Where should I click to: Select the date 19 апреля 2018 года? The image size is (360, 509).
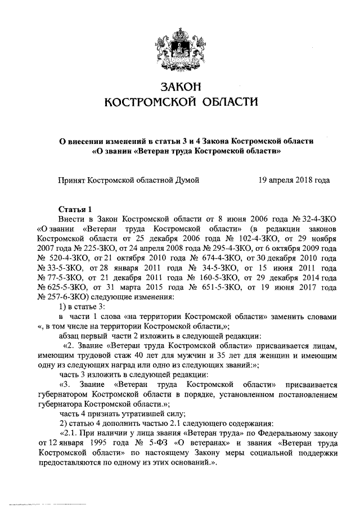click(294, 180)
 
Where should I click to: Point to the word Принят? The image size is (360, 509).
click(73, 180)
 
